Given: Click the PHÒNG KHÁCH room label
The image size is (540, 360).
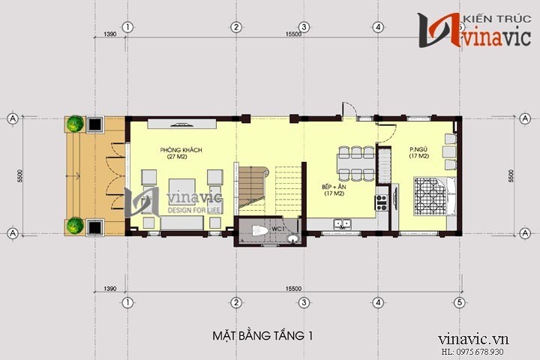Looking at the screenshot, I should [x=181, y=151].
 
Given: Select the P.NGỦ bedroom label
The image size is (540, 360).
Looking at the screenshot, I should [x=418, y=148].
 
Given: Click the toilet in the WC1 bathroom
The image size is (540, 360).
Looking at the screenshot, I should [x=257, y=231].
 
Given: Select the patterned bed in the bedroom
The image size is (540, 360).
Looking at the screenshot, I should [x=424, y=193].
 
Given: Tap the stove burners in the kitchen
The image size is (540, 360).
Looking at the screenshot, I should [x=381, y=201].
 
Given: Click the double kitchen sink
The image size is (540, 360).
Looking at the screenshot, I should [x=343, y=223].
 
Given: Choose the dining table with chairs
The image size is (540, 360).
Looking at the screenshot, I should [x=356, y=163].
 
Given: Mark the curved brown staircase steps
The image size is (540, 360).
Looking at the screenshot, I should [x=253, y=183].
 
